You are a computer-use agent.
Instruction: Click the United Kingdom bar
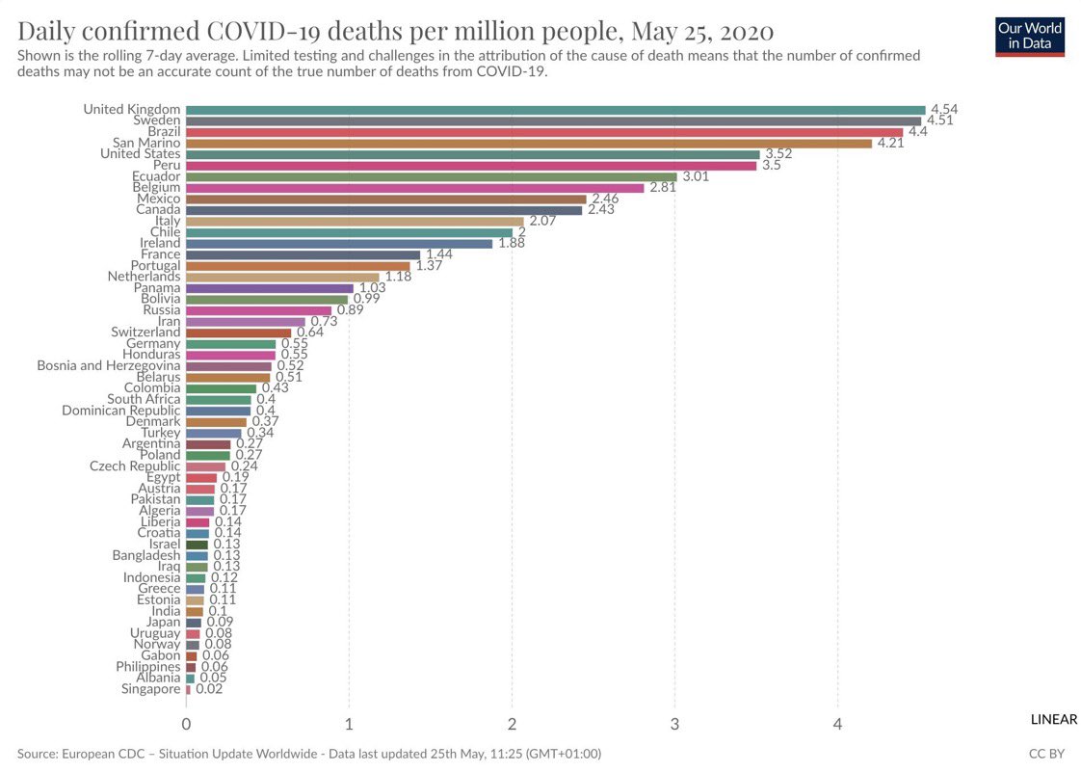pos(555,110)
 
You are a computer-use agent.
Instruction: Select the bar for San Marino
pos(528,144)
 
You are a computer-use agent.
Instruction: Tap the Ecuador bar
pos(431,176)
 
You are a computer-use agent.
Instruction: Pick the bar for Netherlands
pos(282,277)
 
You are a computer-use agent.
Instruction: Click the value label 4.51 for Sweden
pos(940,121)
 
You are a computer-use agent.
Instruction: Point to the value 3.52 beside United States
pos(778,154)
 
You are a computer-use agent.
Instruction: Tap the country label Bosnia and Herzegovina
pos(109,366)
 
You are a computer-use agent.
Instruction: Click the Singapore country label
pos(151,689)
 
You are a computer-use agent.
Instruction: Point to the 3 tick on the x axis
pos(674,724)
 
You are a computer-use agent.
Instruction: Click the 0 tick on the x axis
pos(186,724)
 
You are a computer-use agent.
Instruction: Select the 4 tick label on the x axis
pos(838,724)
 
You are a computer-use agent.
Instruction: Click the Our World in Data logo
pos(1030,36)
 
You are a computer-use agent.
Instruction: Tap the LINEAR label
pos(1053,720)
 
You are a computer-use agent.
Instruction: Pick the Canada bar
pos(383,210)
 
